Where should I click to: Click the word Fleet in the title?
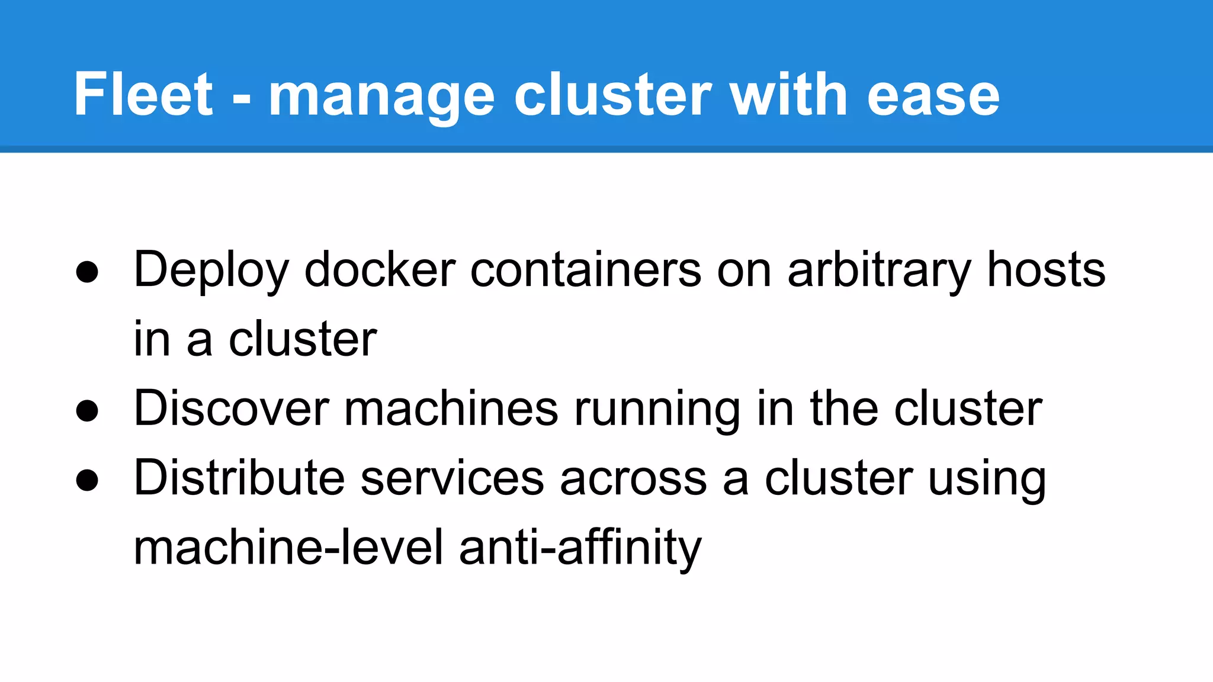point(143,95)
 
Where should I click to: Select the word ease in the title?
point(933,96)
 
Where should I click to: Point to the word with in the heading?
point(788,95)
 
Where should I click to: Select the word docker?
point(380,270)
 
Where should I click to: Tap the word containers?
point(586,270)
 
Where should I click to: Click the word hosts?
point(1046,270)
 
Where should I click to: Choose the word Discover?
point(231,408)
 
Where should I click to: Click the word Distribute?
point(239,478)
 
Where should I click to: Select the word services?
point(452,478)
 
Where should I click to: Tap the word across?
point(633,478)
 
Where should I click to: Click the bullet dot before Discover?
point(87,411)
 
